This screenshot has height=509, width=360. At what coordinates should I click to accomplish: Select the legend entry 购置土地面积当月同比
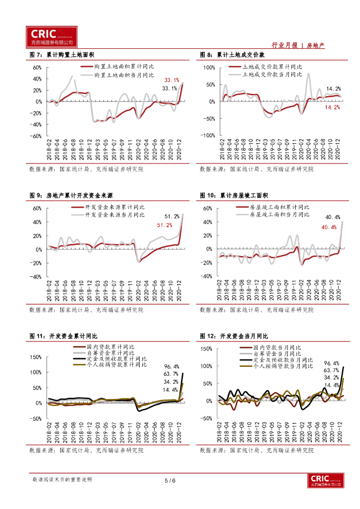[124, 75]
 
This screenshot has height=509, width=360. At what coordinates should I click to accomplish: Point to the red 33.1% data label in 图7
[173, 80]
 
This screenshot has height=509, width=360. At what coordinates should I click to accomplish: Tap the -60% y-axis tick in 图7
[36, 135]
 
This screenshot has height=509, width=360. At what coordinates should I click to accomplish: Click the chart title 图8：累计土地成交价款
[232, 55]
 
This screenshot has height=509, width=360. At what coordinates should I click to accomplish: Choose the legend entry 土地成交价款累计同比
[271, 67]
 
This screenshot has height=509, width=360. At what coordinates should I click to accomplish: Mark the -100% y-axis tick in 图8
[206, 135]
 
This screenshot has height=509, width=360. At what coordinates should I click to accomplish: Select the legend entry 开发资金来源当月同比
[114, 215]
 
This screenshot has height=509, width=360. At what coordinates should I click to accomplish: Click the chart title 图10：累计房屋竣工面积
[234, 195]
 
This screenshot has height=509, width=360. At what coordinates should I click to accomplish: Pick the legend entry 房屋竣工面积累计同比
[279, 207]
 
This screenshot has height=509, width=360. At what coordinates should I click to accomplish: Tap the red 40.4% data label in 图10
[329, 227]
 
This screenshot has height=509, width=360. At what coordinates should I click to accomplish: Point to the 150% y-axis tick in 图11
[35, 357]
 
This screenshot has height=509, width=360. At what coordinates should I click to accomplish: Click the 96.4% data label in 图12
[331, 363]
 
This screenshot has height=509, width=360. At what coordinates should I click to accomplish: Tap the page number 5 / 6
[170, 481]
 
